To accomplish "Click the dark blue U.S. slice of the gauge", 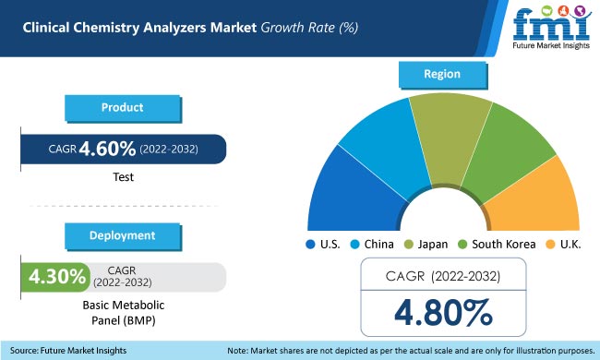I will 341,194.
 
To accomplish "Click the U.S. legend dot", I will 311,245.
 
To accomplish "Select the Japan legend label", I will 433,245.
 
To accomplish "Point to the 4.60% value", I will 109,149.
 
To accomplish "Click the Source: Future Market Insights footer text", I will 68,351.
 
